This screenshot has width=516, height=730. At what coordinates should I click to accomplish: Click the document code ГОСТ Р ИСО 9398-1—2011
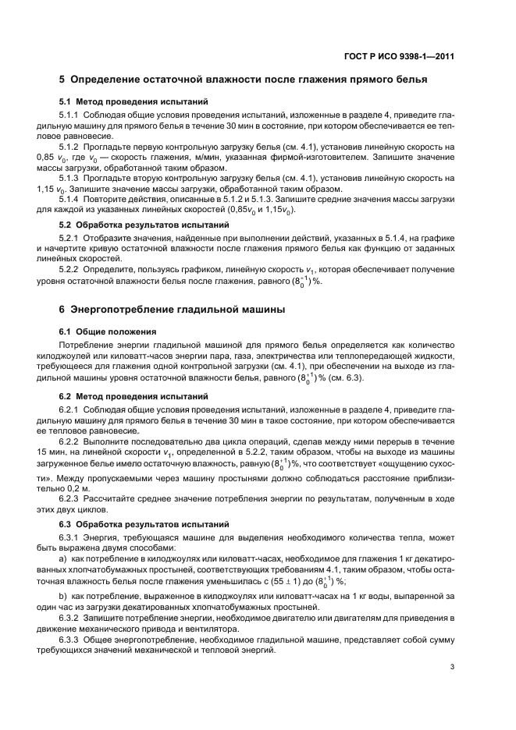[x=399, y=55]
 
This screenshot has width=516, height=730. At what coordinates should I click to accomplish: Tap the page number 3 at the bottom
[x=453, y=666]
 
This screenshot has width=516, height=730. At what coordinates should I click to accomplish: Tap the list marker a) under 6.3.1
[x=63, y=559]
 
